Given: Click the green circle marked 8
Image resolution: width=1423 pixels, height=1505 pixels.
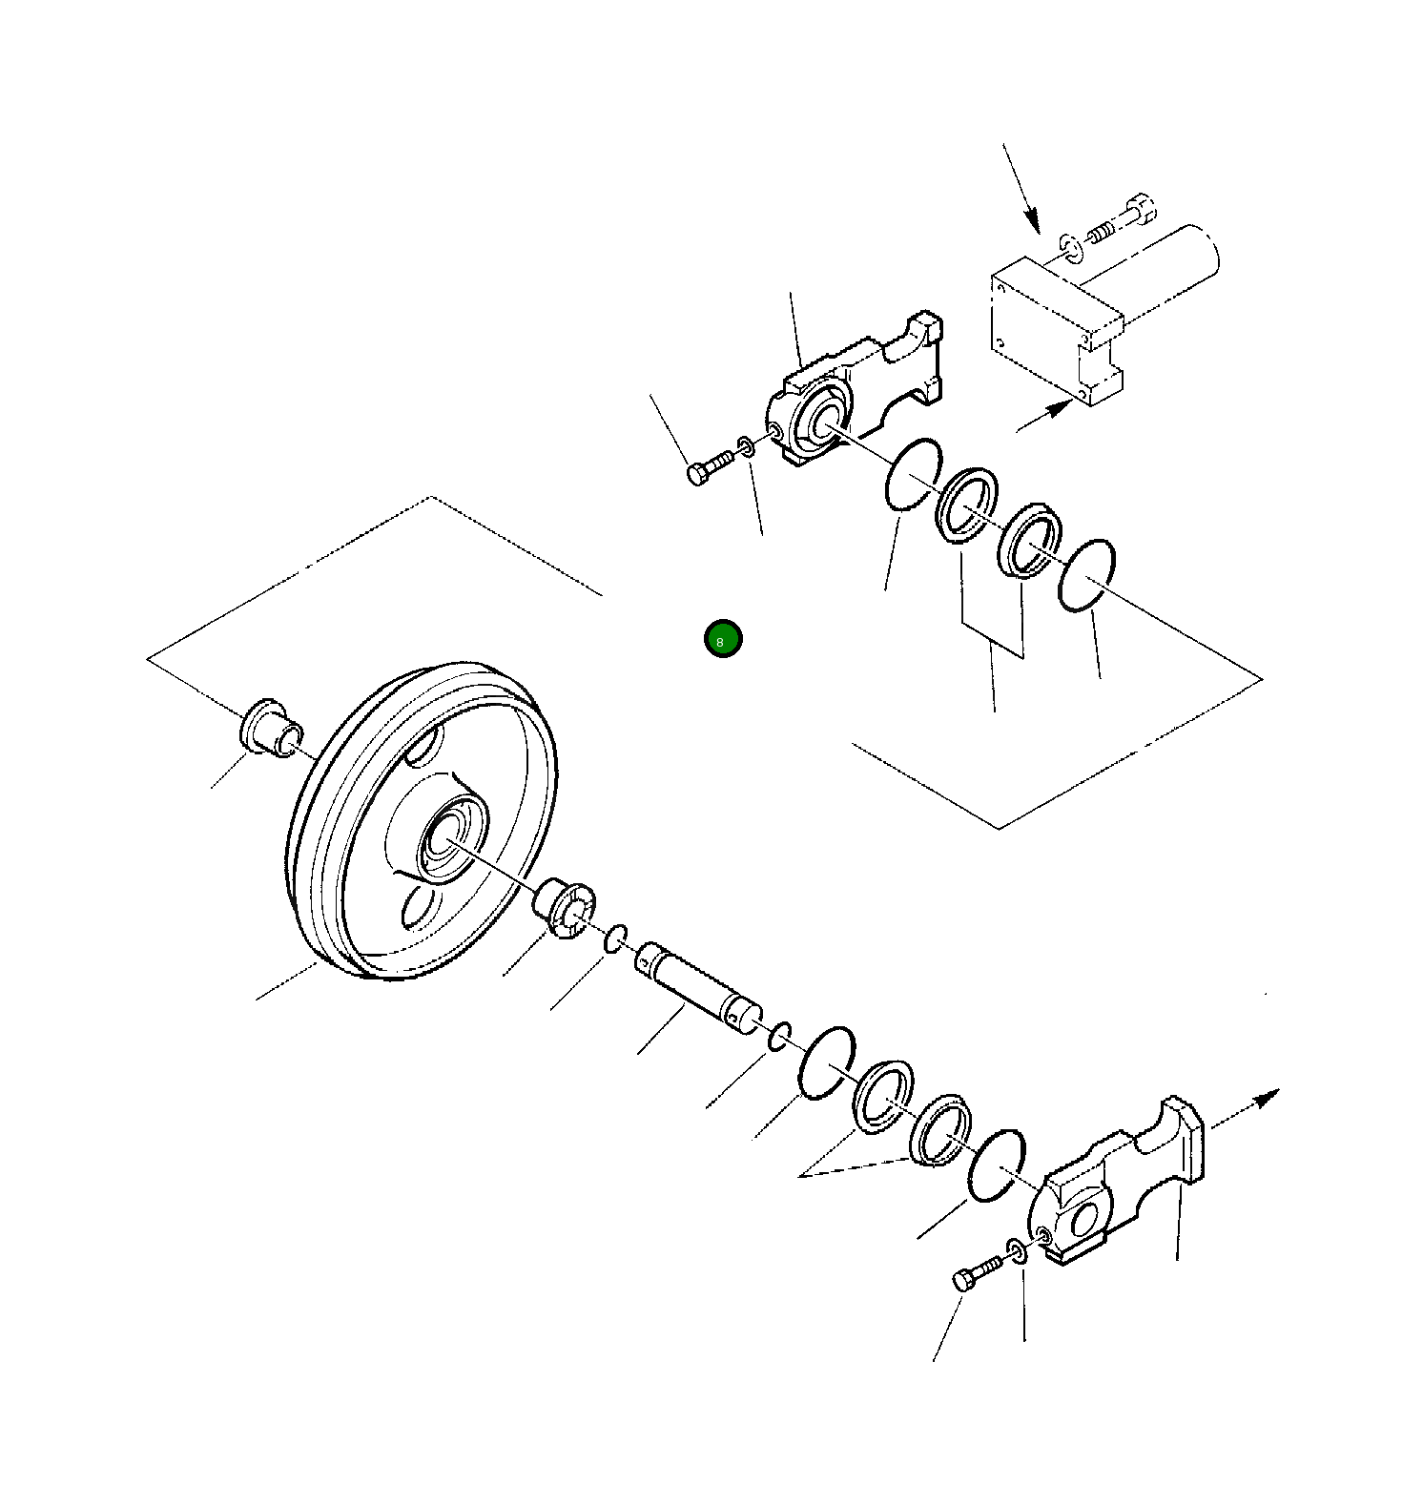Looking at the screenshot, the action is pyautogui.click(x=722, y=638).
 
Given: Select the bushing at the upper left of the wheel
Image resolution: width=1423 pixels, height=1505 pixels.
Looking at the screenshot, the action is pyautogui.click(x=270, y=729).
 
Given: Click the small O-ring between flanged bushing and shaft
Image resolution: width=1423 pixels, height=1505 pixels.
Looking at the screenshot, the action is pyautogui.click(x=615, y=938).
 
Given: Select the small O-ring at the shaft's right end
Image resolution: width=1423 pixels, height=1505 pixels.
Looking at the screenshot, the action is pyautogui.click(x=779, y=1036).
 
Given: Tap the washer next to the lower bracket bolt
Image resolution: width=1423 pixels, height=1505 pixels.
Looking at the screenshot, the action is pyautogui.click(x=1017, y=1250).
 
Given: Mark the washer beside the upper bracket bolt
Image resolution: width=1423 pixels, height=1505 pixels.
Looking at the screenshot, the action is pyautogui.click(x=747, y=445).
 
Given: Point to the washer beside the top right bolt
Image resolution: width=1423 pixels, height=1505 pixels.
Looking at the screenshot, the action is pyautogui.click(x=1071, y=246).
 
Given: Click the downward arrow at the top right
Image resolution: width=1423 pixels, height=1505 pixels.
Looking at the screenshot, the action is pyautogui.click(x=1021, y=189).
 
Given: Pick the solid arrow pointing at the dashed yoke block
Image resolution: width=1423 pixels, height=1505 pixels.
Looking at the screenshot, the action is pyautogui.click(x=1044, y=417).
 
